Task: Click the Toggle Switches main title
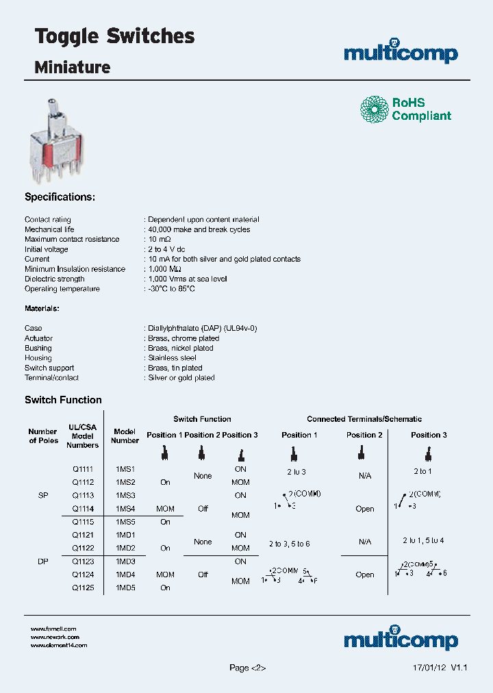point(114,37)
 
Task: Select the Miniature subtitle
point(72,67)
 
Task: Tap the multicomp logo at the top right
point(401,53)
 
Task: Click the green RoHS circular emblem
point(375,109)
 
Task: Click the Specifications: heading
point(60,197)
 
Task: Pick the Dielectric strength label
point(55,279)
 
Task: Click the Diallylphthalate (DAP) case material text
point(202,329)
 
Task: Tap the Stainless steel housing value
point(172,358)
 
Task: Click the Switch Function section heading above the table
point(63,400)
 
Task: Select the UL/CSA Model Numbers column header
point(82,436)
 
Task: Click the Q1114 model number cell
point(83,509)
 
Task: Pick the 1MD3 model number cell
point(125,562)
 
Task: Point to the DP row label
point(42,562)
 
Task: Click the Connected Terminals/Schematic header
point(364,419)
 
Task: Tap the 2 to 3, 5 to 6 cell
point(289,543)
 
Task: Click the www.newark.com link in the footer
point(55,637)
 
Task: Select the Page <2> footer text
point(247,668)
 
